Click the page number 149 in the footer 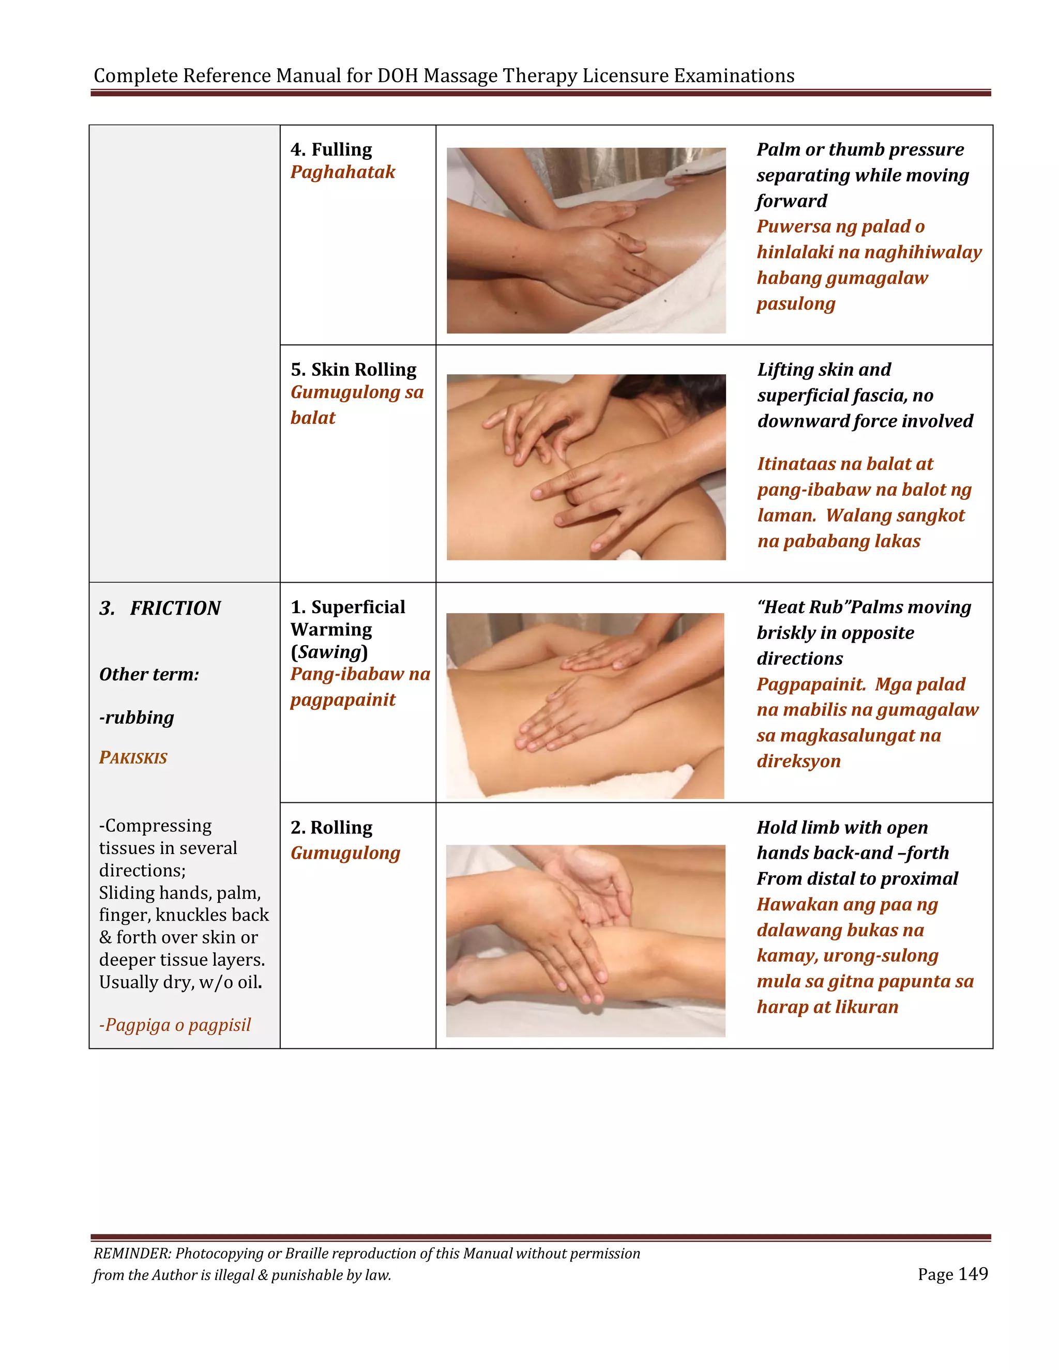coord(973,1274)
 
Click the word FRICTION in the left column coord(175,608)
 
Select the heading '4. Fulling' coord(331,149)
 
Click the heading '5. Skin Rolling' coord(353,370)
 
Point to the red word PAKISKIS coord(133,758)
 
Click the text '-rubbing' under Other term coord(137,717)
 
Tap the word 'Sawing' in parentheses coord(329,652)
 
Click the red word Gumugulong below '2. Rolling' coord(345,853)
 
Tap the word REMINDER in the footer coord(132,1253)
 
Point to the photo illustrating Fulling coord(586,240)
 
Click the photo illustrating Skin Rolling coord(586,467)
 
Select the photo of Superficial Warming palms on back coord(585,706)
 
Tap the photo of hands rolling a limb coord(585,940)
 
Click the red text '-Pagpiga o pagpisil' coord(175,1025)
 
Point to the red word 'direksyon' coord(798,761)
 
